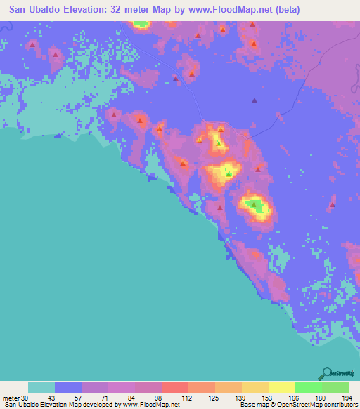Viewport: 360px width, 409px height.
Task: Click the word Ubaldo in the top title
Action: [x=58, y=10]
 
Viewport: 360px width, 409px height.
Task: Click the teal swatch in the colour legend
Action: [x=41, y=387]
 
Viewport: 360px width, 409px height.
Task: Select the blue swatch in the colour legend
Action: [x=68, y=387]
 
